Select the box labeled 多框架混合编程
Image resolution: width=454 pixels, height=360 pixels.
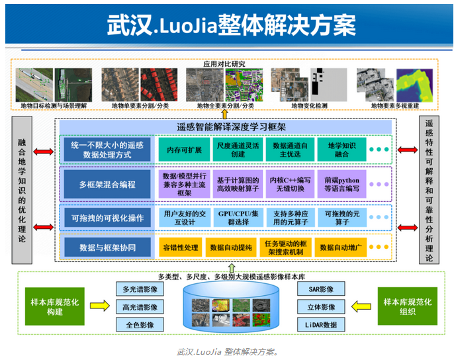(108, 184)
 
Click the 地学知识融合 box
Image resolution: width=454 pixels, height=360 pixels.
(341, 150)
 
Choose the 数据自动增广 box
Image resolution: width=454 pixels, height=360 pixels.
(341, 247)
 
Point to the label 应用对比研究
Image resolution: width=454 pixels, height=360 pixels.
(226, 64)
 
